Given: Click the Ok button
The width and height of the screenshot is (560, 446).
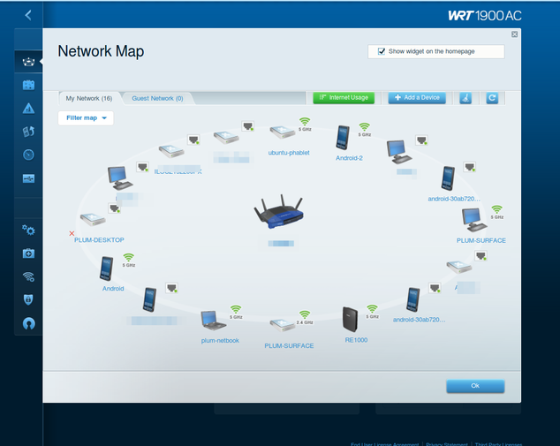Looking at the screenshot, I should (475, 386).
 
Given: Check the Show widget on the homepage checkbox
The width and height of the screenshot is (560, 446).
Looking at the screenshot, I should (382, 51).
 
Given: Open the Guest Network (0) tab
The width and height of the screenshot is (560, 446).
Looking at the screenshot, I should (157, 98).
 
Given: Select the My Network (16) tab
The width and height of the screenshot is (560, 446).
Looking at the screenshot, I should (88, 98).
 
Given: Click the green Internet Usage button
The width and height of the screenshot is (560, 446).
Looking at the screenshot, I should (344, 97).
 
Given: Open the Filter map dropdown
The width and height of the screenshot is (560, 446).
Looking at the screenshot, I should (86, 117).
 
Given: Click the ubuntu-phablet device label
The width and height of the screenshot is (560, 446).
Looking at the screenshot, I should (289, 152).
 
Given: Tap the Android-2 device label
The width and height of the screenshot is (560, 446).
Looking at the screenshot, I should (350, 158).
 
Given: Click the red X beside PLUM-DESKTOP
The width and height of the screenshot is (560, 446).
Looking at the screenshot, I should (72, 233).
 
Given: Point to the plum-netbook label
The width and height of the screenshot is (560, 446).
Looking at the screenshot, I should (220, 340).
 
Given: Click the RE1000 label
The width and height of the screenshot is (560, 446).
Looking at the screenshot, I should (355, 339).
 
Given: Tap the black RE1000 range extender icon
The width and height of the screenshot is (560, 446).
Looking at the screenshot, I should (352, 319).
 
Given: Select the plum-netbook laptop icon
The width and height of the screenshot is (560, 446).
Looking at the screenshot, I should (212, 319).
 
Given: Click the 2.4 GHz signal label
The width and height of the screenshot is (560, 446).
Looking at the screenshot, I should (305, 323).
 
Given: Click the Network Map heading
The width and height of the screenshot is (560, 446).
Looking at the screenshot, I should (101, 51).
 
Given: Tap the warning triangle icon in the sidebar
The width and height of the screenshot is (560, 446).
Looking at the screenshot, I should (29, 109).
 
